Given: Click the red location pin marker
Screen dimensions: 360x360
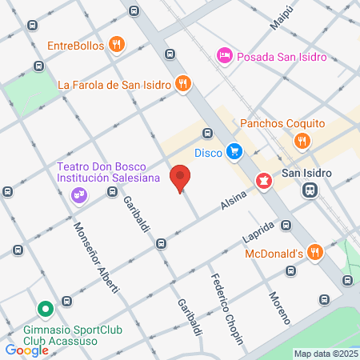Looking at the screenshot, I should point(182,178).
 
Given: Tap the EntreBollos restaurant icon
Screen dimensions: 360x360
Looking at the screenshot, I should point(117,45).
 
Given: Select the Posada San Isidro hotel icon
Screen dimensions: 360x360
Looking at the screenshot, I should point(225,54).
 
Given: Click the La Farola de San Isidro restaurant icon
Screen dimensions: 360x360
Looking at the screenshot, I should point(183,83).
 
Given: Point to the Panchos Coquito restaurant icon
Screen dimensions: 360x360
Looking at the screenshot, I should point(302,141).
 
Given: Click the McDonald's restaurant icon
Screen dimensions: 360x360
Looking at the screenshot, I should point(315,254).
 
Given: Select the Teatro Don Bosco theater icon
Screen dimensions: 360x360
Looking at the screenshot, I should point(79,194).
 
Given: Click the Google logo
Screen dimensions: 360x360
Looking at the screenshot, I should point(27,350).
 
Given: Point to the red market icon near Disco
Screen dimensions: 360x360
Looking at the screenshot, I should point(262,182).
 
